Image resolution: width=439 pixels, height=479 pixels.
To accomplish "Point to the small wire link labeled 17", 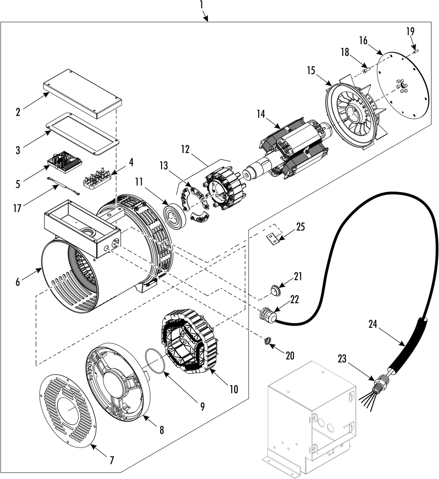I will (x=63, y=185).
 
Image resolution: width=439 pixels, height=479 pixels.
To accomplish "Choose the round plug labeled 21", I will (x=273, y=291).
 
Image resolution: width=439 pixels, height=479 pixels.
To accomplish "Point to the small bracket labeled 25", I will (x=271, y=239).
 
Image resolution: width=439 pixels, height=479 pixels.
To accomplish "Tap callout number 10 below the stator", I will (x=233, y=389).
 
